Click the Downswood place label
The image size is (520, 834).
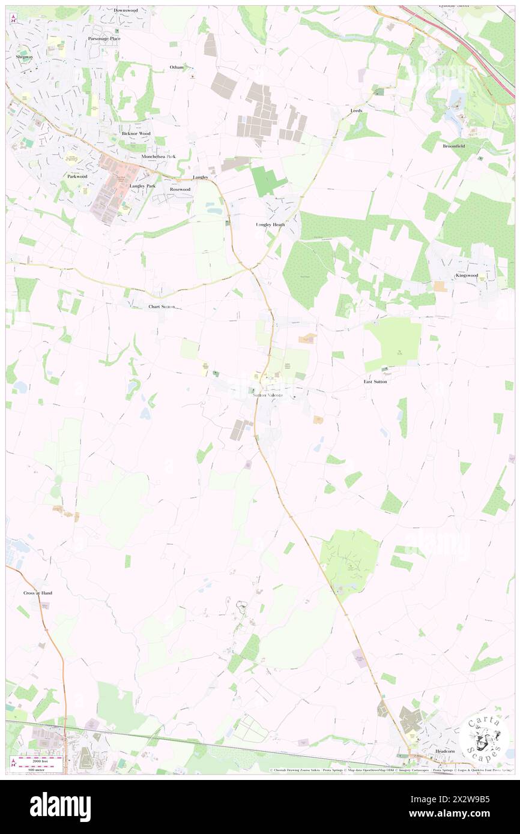click(126, 10)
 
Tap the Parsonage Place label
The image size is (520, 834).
click(104, 38)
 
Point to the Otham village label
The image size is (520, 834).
click(177, 67)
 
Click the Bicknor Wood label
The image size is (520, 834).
click(136, 133)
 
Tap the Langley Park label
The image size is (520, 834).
click(142, 186)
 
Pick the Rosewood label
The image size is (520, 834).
click(180, 189)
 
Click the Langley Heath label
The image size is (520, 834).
click(267, 224)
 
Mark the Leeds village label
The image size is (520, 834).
click(357, 111)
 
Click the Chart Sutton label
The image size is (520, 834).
click(162, 307)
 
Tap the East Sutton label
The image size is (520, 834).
click(375, 382)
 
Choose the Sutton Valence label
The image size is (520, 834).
click(267, 395)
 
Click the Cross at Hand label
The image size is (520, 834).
click(38, 593)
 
